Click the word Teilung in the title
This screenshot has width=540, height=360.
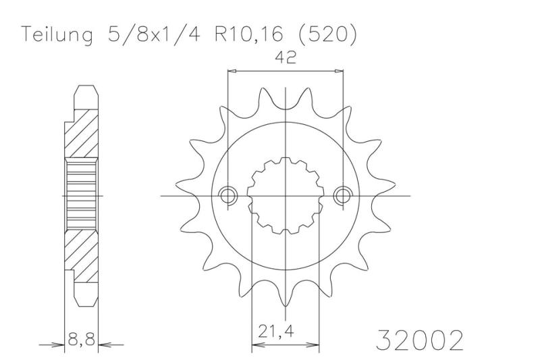[x=57, y=35]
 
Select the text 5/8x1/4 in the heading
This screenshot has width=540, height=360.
[x=154, y=34]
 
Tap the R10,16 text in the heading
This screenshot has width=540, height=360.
[x=249, y=34]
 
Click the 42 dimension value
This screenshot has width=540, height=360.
[x=286, y=57]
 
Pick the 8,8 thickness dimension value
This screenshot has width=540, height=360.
[x=81, y=340]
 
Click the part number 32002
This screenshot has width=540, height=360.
[x=419, y=340]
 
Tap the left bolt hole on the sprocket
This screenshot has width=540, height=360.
[x=228, y=196]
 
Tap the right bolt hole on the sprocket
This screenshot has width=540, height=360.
[x=343, y=196]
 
